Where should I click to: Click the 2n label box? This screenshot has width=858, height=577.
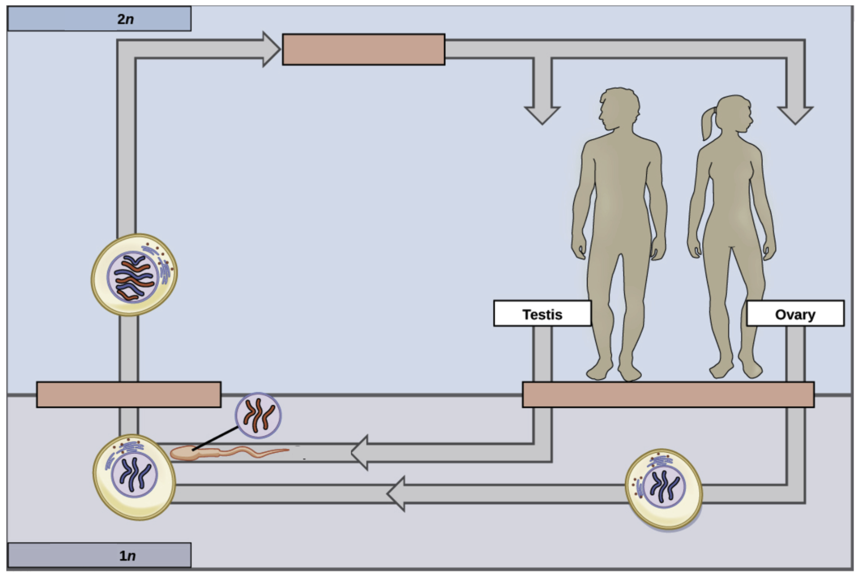pyautogui.click(x=99, y=19)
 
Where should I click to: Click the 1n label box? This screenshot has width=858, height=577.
pyautogui.click(x=99, y=555)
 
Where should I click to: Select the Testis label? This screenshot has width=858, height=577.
pyautogui.click(x=542, y=314)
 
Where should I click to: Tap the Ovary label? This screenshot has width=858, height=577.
pyautogui.click(x=795, y=314)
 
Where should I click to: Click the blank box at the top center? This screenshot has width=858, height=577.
pyautogui.click(x=363, y=49)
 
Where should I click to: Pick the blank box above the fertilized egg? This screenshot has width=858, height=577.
pyautogui.click(x=128, y=394)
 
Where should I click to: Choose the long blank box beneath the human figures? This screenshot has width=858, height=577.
pyautogui.click(x=668, y=394)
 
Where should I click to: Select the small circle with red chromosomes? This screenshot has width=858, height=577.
pyautogui.click(x=258, y=415)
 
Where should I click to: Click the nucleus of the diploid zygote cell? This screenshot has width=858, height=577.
pyautogui.click(x=133, y=277)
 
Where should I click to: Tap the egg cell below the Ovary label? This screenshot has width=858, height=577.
pyautogui.click(x=663, y=489)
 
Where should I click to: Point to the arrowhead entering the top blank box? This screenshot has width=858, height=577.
pyautogui.click(x=271, y=49)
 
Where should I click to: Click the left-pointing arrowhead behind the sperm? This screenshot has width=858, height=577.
pyautogui.click(x=360, y=453)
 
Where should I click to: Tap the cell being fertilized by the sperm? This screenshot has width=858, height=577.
pyautogui.click(x=134, y=477)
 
